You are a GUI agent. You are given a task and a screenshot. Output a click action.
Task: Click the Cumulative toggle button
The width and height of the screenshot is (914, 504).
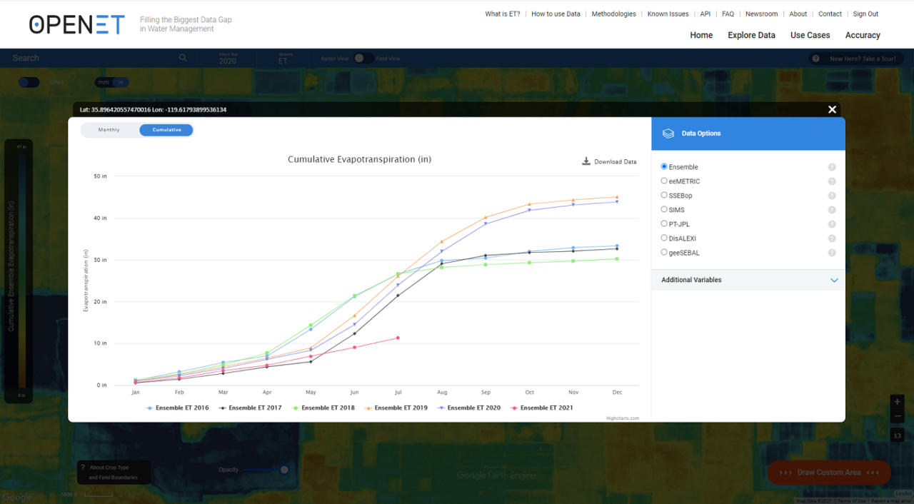pyautogui.click(x=166, y=130)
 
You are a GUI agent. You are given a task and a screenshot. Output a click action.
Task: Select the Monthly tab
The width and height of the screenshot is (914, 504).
pyautogui.click(x=109, y=130)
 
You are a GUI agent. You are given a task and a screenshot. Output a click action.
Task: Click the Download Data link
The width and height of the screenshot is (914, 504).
pyautogui.click(x=609, y=162)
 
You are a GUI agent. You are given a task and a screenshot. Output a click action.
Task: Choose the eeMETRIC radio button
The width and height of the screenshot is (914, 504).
pyautogui.click(x=664, y=181)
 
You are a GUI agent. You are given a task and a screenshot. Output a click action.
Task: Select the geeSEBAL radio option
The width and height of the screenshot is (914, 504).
pyautogui.click(x=664, y=253)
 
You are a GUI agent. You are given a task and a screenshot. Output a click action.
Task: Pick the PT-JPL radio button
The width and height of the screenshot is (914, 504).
pyautogui.click(x=664, y=224)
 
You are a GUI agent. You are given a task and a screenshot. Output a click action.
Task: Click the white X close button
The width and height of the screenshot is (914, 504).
pyautogui.click(x=832, y=109)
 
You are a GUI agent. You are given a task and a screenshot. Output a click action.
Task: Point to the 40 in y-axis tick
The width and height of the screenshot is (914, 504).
pyautogui.click(x=99, y=218)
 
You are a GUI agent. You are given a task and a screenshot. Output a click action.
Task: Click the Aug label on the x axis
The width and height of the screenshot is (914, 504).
pyautogui.click(x=442, y=393)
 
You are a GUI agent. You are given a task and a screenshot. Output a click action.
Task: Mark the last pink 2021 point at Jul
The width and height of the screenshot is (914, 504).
pyautogui.click(x=398, y=338)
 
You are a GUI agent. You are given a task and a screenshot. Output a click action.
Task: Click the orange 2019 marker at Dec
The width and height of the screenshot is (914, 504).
pyautogui.click(x=617, y=197)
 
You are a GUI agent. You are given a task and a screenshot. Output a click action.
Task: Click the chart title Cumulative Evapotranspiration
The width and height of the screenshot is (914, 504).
pyautogui.click(x=359, y=159)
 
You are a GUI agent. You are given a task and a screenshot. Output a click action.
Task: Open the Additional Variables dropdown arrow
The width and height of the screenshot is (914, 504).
pyautogui.click(x=834, y=281)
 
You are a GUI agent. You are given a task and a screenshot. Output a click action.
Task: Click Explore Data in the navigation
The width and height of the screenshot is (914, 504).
pyautogui.click(x=751, y=35)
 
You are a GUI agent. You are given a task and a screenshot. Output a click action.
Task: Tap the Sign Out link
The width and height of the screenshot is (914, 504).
pyautogui.click(x=865, y=14)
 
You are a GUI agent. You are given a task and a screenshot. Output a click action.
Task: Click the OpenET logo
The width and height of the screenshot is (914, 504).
pyautogui.click(x=76, y=24)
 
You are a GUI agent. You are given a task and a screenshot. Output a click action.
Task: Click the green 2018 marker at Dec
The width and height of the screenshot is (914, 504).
pyautogui.click(x=617, y=258)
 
